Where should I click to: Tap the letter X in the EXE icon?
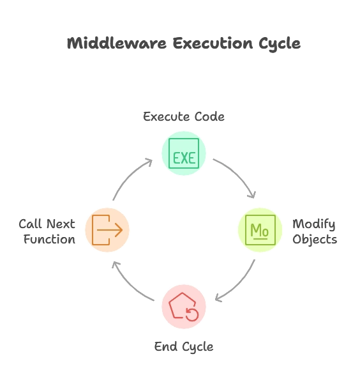184,158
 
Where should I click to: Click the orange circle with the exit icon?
107,230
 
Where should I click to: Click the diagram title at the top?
183,44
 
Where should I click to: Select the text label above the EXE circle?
183,117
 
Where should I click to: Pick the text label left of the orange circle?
46,231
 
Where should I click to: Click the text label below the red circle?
183,347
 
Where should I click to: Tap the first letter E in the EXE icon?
174,158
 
